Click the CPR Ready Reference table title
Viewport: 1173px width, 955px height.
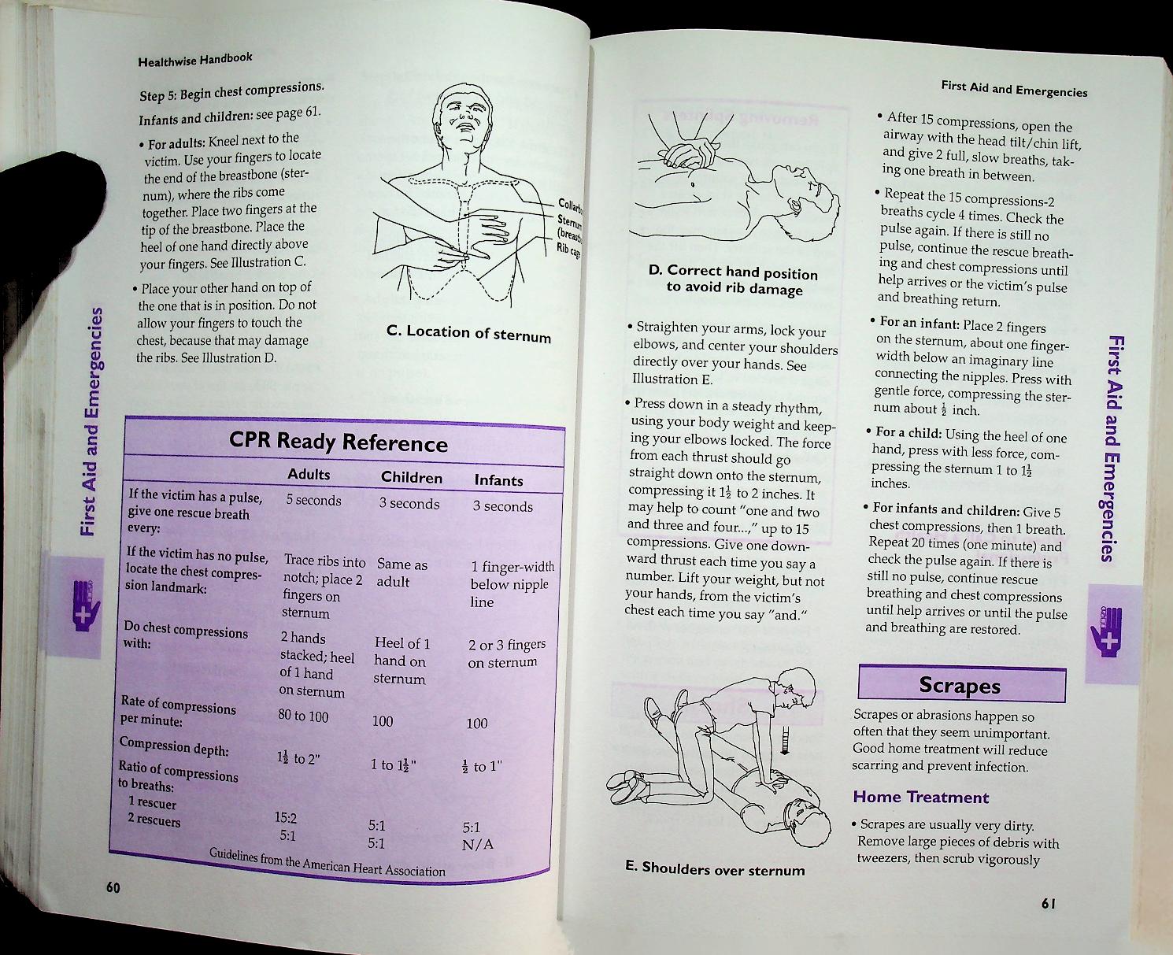(x=338, y=442)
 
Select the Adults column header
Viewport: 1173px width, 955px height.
(x=309, y=474)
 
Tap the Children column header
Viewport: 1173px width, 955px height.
(x=411, y=477)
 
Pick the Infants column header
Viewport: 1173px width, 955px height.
(x=498, y=480)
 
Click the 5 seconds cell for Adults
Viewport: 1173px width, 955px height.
(x=313, y=501)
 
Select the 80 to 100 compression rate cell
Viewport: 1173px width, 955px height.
(x=303, y=716)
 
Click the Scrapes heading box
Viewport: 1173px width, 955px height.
(x=960, y=685)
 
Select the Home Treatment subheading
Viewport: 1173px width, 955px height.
(x=920, y=797)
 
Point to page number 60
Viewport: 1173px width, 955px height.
(x=113, y=888)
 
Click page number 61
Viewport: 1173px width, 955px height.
(x=1047, y=904)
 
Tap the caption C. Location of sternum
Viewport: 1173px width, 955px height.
(x=468, y=333)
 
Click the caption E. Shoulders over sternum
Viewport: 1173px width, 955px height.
(x=714, y=868)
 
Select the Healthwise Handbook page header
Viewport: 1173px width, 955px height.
(x=194, y=59)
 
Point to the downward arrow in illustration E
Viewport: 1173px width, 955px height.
(x=784, y=740)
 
